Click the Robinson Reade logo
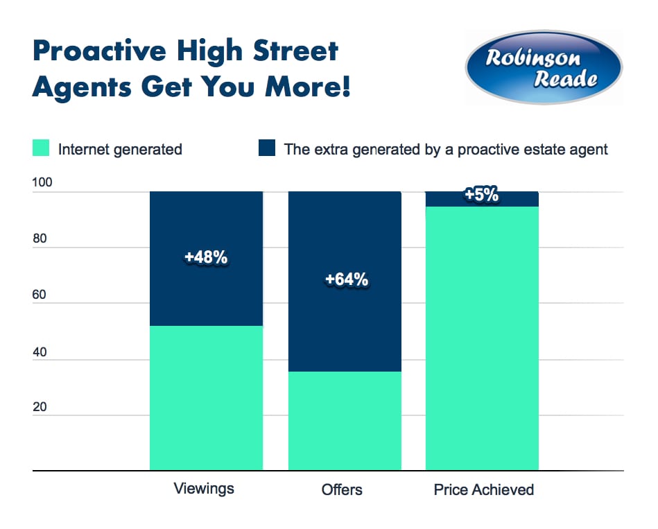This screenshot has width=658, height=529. coord(544,67)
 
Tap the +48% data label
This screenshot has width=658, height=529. coord(206,257)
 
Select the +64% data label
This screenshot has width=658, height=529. coord(346,280)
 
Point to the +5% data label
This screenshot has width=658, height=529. coord(482,195)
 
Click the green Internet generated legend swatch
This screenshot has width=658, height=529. coord(40,149)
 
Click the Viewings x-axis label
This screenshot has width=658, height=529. coord(204,489)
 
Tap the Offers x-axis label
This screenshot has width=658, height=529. coord(342,490)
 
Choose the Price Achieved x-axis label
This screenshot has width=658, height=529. coord(484,490)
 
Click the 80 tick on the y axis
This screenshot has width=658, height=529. coord(40,240)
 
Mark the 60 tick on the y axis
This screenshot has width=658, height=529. coord(40,296)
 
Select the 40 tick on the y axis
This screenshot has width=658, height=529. coord(40,352)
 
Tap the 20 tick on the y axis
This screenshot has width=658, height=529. coord(40,407)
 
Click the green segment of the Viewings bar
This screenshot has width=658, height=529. coord(206,399)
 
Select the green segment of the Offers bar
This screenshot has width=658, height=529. coord(345,422)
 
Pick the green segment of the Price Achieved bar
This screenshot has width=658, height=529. coord(482,340)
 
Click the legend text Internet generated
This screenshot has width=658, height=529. coord(120,149)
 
